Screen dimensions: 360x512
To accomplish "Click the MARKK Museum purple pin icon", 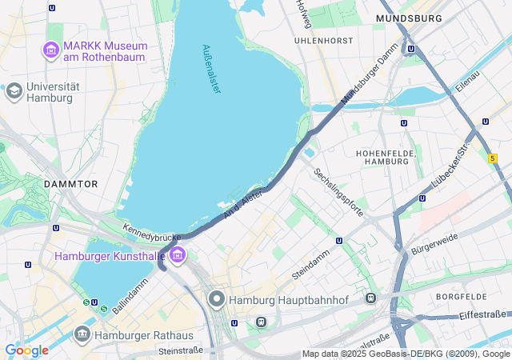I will click(x=52, y=52).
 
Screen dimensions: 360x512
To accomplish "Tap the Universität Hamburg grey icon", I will click(x=14, y=91).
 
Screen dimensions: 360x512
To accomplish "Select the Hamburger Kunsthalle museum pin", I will click(x=177, y=256).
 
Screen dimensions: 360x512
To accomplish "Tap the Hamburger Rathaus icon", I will click(x=82, y=334).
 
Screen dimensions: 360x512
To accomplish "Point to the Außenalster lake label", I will click(x=211, y=69).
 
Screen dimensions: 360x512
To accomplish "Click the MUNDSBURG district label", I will click(x=409, y=18).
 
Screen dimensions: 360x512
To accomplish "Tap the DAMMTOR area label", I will click(x=70, y=183).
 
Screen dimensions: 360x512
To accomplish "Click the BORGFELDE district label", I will click(x=461, y=297).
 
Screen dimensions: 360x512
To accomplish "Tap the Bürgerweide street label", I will click(x=434, y=240).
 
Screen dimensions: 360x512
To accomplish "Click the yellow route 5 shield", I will click(x=492, y=159).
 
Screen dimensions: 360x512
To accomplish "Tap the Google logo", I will click(x=26, y=350).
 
